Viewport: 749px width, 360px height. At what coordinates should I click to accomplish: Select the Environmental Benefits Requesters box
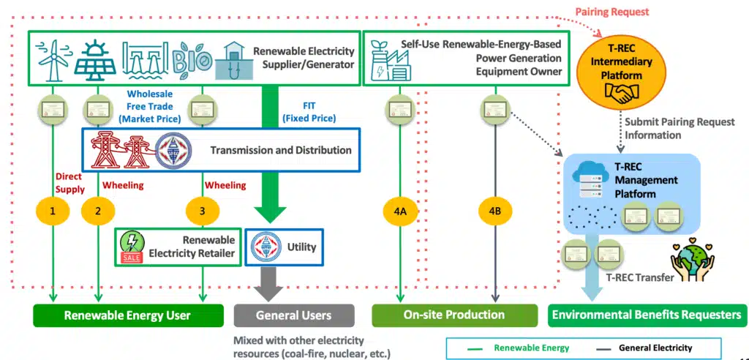(647, 315)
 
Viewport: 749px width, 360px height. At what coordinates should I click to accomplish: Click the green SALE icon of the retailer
(132, 247)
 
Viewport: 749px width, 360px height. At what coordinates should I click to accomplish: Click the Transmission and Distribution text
(281, 150)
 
